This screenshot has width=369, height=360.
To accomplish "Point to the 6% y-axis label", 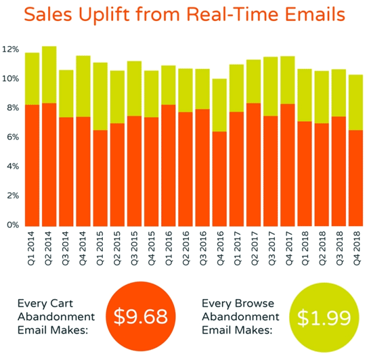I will click(x=14, y=137).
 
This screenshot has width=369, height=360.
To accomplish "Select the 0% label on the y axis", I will click(x=14, y=225).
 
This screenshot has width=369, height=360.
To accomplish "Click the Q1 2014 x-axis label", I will click(x=33, y=248).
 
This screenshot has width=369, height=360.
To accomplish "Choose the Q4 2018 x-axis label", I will click(x=355, y=248).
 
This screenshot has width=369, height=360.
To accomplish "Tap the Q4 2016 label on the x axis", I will click(x=219, y=248).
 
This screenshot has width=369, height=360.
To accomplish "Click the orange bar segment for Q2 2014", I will click(x=49, y=164).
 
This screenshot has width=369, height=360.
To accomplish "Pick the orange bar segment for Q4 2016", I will click(x=219, y=178).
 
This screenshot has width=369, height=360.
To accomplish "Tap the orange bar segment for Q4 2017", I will click(x=287, y=164).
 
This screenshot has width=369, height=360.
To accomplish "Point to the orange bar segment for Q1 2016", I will click(x=168, y=165).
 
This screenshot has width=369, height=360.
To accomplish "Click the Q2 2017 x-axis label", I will click(x=253, y=248).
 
